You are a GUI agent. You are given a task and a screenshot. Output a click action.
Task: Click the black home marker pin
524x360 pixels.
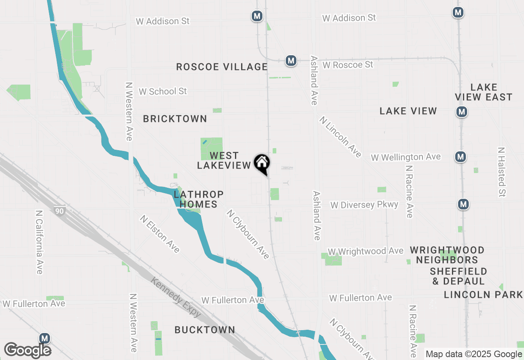coord(262,164)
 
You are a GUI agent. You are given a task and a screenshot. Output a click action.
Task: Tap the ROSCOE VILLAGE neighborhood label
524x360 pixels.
coord(222,67)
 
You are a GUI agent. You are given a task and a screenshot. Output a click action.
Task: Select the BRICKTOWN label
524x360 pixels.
coord(175,119)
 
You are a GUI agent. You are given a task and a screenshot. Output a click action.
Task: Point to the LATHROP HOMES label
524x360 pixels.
coord(199,199)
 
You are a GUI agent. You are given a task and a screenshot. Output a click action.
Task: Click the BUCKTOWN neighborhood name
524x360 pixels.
coord(205,330)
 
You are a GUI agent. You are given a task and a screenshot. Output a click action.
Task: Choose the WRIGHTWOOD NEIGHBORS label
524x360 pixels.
coord(447,255)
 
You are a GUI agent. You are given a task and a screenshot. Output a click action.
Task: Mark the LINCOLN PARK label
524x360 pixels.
coord(483,295)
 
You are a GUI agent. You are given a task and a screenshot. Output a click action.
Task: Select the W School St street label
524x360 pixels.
coord(163,91)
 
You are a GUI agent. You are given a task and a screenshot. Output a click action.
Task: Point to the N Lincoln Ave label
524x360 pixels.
coord(341,137)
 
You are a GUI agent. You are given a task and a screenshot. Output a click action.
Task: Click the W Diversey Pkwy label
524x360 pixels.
coord(364,205)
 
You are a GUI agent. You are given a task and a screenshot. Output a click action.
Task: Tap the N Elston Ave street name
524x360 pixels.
coord(160,234)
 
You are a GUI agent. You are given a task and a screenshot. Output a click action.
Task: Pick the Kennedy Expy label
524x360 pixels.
coord(176,297)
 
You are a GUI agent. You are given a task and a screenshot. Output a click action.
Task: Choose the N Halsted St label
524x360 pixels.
coord(501,172)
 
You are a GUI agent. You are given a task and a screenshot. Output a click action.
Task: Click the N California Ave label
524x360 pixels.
coord(39,242)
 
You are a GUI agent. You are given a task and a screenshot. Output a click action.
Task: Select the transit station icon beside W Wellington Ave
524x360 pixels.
coord(461,156)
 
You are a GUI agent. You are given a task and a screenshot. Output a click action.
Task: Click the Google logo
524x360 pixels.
coord(27,351)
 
